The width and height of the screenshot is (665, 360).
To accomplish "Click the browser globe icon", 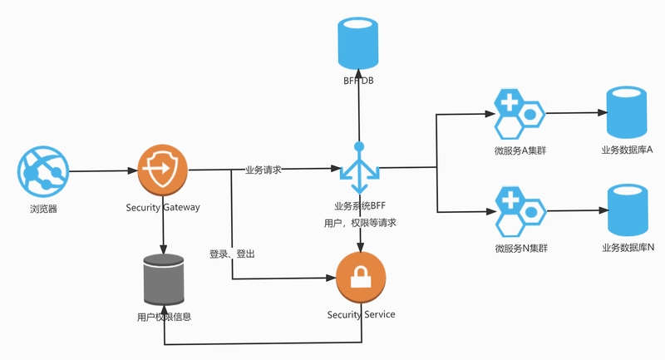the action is coord(43,172).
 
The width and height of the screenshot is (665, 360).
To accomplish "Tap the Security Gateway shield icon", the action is coord(163,170).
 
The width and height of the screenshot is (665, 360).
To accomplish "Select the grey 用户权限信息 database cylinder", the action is coord(164,279).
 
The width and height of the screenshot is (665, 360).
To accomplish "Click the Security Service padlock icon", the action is coord(361,278).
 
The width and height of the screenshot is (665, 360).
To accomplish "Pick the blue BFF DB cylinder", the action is coord(358,43).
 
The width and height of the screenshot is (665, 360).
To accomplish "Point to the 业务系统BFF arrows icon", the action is coord(360,168).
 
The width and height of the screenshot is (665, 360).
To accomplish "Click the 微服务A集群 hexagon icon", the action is coord(519,114).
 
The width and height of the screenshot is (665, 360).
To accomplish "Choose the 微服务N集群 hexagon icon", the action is coord(520,211).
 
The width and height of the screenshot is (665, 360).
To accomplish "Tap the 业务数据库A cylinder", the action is coord(627,112).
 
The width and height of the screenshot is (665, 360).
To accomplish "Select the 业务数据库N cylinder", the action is coord(628,210).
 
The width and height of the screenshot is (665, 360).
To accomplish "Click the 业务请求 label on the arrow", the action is coord(264,170).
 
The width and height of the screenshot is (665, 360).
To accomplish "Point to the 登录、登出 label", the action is coord(232,254).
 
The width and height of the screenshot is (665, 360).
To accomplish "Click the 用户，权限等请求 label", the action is coord(360,223).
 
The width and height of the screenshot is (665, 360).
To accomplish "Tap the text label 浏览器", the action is coord(43,209).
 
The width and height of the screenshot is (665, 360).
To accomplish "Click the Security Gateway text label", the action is coord(163,207).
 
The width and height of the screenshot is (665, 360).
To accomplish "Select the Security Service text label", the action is coord(362,314).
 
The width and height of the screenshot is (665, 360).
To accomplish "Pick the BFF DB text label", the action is coord(358,81).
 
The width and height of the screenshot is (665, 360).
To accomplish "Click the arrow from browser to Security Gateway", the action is coord(103,171).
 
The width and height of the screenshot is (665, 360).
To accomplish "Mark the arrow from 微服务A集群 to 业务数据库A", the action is coord(576,113).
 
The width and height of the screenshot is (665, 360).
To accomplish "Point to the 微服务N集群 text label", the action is coord(521,248).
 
